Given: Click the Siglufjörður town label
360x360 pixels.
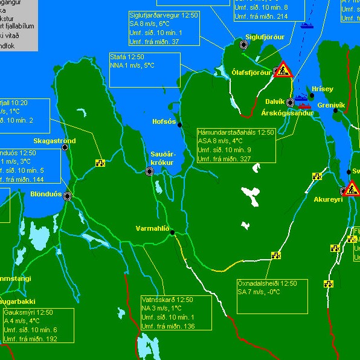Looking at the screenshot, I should [265, 37].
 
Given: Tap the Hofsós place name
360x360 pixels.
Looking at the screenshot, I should [164, 121].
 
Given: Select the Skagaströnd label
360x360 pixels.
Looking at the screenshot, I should [54, 141].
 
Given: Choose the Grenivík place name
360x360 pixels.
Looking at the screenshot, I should [330, 105].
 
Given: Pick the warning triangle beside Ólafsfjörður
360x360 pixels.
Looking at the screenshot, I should [283, 71].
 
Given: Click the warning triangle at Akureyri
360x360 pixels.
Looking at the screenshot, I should [352, 188].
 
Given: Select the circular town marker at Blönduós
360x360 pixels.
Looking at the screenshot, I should [67, 196].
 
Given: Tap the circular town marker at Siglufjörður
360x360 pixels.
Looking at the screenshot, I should [243, 45].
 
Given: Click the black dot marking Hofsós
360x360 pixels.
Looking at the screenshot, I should [179, 124].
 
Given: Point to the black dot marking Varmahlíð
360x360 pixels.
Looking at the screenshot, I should [172, 232].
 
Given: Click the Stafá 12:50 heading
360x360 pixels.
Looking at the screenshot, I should [127, 57].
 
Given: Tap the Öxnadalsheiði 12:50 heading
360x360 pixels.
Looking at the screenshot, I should [267, 283].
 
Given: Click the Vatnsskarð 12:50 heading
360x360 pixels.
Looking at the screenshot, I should [167, 299].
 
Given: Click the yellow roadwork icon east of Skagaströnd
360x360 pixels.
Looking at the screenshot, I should [100, 162].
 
